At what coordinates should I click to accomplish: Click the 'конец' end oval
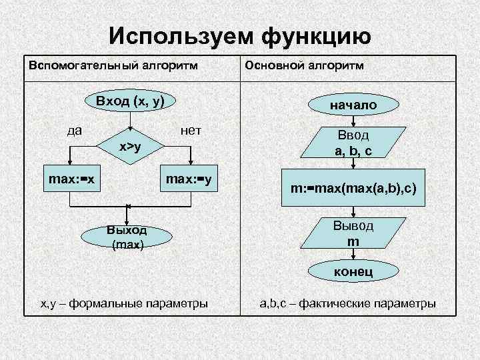tap(353, 271)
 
